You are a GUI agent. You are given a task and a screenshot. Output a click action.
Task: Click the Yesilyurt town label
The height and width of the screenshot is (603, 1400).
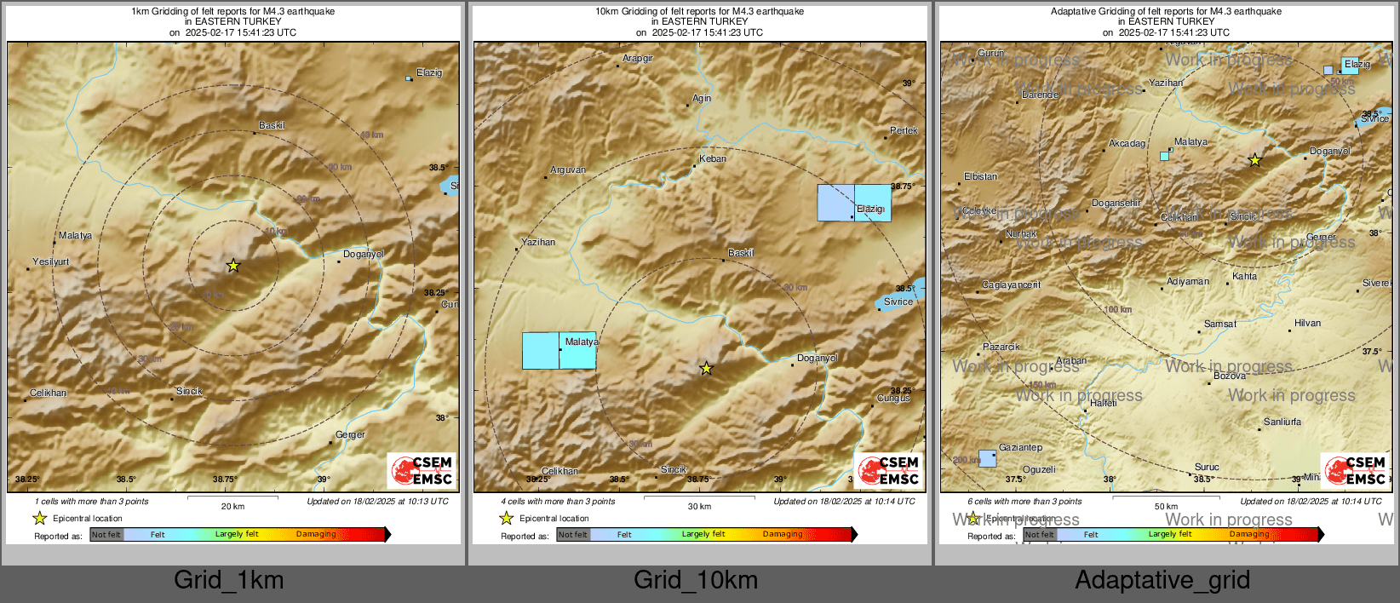51,262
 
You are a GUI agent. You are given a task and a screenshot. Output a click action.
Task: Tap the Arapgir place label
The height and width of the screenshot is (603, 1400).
638,59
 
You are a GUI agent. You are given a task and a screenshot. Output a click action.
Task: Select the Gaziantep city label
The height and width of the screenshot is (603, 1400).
1020,447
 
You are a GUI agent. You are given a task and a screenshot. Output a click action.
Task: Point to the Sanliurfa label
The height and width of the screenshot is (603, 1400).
1282,422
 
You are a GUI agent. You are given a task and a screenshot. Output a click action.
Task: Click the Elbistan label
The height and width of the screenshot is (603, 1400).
980,176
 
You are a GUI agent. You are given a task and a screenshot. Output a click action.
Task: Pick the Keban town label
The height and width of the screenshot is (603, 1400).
713,158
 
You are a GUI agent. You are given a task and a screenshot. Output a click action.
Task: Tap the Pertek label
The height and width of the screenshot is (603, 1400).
904,130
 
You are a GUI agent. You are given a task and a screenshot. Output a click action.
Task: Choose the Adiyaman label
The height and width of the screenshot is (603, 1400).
1188,281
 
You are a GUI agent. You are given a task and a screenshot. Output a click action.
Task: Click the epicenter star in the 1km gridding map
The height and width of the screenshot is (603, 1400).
233,266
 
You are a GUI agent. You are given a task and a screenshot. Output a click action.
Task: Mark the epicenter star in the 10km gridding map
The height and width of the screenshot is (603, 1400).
706,369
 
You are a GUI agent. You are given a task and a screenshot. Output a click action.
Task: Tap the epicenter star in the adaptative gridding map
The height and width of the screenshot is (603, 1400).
1254,160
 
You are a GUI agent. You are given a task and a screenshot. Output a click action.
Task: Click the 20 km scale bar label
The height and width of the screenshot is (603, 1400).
232,507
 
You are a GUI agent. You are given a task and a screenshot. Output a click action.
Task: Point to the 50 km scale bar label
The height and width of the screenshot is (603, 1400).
1166,507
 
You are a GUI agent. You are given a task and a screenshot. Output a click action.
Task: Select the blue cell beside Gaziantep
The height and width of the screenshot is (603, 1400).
987,458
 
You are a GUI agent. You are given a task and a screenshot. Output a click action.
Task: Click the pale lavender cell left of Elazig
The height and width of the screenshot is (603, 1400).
835,203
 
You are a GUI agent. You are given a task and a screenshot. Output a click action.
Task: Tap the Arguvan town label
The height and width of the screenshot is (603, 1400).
568,169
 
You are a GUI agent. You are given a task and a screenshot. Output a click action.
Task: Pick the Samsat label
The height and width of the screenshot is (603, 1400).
1220,324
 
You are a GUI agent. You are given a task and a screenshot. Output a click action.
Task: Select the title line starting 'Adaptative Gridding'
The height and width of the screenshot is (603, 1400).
1166,12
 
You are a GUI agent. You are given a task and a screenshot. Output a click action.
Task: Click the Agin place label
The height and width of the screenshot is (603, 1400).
702,98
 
